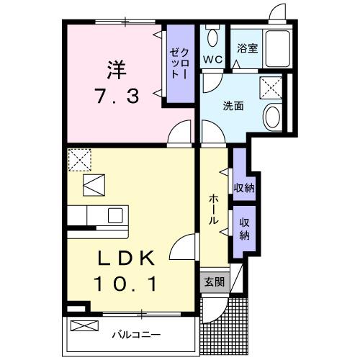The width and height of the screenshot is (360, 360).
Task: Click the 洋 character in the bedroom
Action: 117,70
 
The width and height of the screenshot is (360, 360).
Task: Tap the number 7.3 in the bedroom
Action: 117,95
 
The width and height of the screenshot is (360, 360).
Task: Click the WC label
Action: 212,58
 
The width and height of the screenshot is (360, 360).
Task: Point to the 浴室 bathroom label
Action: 248,48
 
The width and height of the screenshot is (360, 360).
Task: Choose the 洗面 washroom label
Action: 232,105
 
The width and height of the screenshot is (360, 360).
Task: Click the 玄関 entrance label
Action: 213,282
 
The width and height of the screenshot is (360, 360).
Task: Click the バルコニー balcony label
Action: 135,335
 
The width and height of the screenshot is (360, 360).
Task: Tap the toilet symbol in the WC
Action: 212,36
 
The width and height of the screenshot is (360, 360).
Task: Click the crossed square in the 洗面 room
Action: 271,88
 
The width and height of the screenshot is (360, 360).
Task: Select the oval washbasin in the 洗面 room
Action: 273,116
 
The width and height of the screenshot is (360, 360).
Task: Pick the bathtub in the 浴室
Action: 277,48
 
